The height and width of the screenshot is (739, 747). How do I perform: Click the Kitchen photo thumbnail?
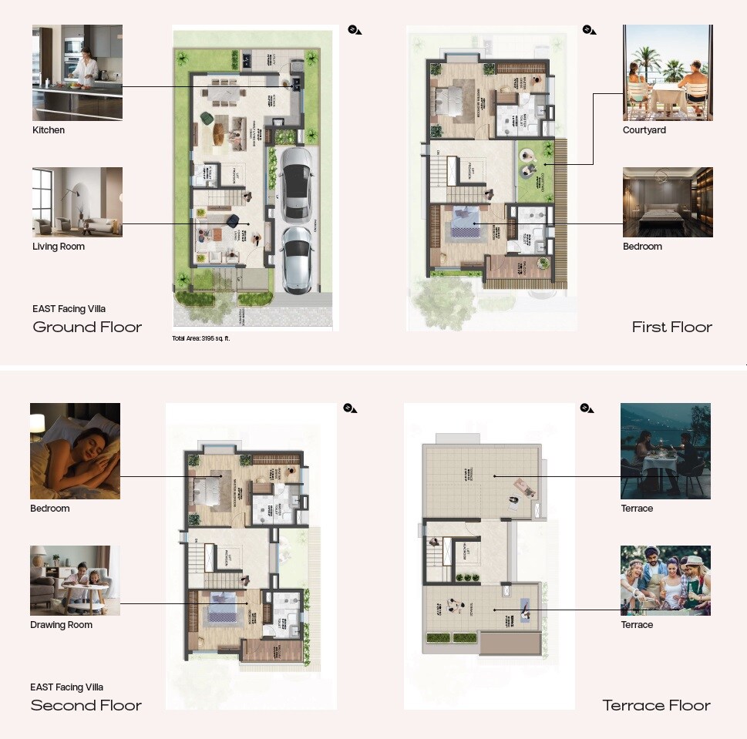pos(77,72)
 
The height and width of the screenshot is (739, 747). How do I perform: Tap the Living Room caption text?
pos(59,247)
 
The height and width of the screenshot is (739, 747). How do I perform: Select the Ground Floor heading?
pos(87,327)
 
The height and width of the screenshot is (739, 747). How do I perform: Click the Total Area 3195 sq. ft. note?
pos(201,338)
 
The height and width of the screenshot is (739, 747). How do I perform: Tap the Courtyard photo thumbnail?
pos(668,72)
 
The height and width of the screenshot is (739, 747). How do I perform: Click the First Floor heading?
pos(671,327)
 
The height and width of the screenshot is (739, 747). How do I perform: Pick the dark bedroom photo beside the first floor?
pos(668,202)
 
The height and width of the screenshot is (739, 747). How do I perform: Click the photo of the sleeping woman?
pos(75,451)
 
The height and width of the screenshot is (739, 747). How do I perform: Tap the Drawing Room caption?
pos(61,625)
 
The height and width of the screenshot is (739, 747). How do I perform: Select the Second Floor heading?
pos(86,705)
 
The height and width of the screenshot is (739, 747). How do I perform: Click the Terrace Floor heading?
pos(656,705)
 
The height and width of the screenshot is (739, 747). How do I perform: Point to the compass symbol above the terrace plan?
pos(587,408)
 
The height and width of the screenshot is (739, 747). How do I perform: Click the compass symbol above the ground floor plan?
pos(354,29)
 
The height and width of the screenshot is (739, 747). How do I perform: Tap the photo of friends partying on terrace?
pos(665,580)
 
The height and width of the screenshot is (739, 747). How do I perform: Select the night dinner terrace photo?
pos(665,451)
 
